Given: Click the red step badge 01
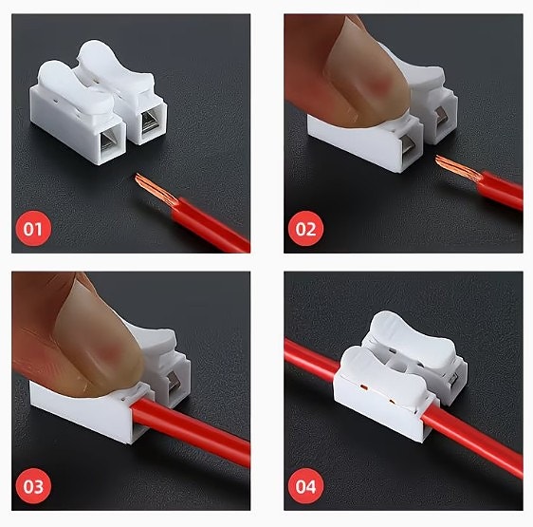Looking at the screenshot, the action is point(33,229).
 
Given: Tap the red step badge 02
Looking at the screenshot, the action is point(305,229).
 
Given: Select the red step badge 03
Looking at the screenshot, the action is point(33,486).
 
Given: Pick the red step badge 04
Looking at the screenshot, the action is point(305,486).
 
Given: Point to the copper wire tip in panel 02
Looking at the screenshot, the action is point(456,167).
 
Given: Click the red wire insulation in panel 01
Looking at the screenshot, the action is point(211,225).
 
